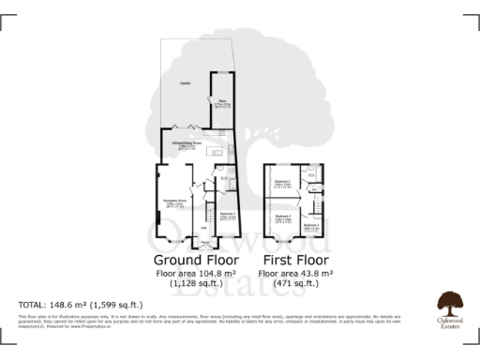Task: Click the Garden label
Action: tap(186, 83)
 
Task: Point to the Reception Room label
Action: tap(175, 201)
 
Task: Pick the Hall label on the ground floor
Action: tap(203, 228)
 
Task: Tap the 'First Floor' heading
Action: tap(297, 259)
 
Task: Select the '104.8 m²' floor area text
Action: tap(215, 273)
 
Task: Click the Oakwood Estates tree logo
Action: tap(448, 302)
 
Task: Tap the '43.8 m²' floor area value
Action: tap(316, 273)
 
